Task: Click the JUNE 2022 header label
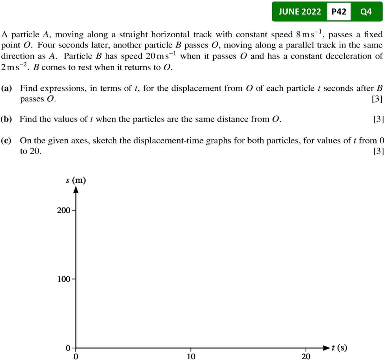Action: tap(300, 12)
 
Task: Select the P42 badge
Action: tap(339, 12)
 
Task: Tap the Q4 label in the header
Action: tap(365, 12)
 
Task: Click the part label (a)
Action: tap(7, 88)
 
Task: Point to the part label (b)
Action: tap(7, 119)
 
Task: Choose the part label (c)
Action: tap(7, 141)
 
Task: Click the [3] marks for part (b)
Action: tap(378, 119)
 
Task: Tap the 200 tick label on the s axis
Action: tap(63, 210)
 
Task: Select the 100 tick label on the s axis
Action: tap(63, 279)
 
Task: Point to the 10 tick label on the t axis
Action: tap(191, 356)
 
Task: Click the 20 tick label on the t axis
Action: tap(305, 356)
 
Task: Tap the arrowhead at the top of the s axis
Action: tap(76, 189)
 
